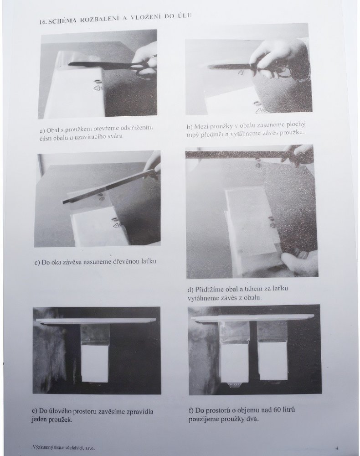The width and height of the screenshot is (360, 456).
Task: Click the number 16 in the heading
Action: pos(43,23)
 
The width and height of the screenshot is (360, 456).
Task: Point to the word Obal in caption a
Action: pos(51,130)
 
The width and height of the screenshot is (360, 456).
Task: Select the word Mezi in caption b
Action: pos(200,126)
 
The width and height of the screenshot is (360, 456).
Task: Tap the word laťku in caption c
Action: pos(148,261)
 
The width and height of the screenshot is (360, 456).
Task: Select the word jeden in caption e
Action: pos(39,420)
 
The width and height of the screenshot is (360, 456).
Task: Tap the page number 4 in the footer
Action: pos(336,448)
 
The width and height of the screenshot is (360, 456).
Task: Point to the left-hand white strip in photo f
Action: pos(234,363)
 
